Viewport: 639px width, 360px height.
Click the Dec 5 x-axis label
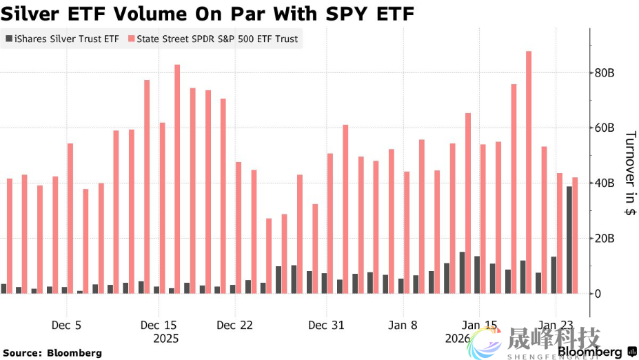click(67, 325)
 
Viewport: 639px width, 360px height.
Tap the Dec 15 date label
click(159, 325)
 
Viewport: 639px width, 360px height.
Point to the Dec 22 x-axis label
click(236, 325)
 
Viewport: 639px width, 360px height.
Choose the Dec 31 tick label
click(327, 325)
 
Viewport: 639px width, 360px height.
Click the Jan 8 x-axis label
click(403, 325)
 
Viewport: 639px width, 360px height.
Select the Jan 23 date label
click(556, 325)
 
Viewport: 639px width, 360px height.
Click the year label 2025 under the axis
click(165, 339)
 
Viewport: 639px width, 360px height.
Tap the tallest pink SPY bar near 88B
click(529, 172)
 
